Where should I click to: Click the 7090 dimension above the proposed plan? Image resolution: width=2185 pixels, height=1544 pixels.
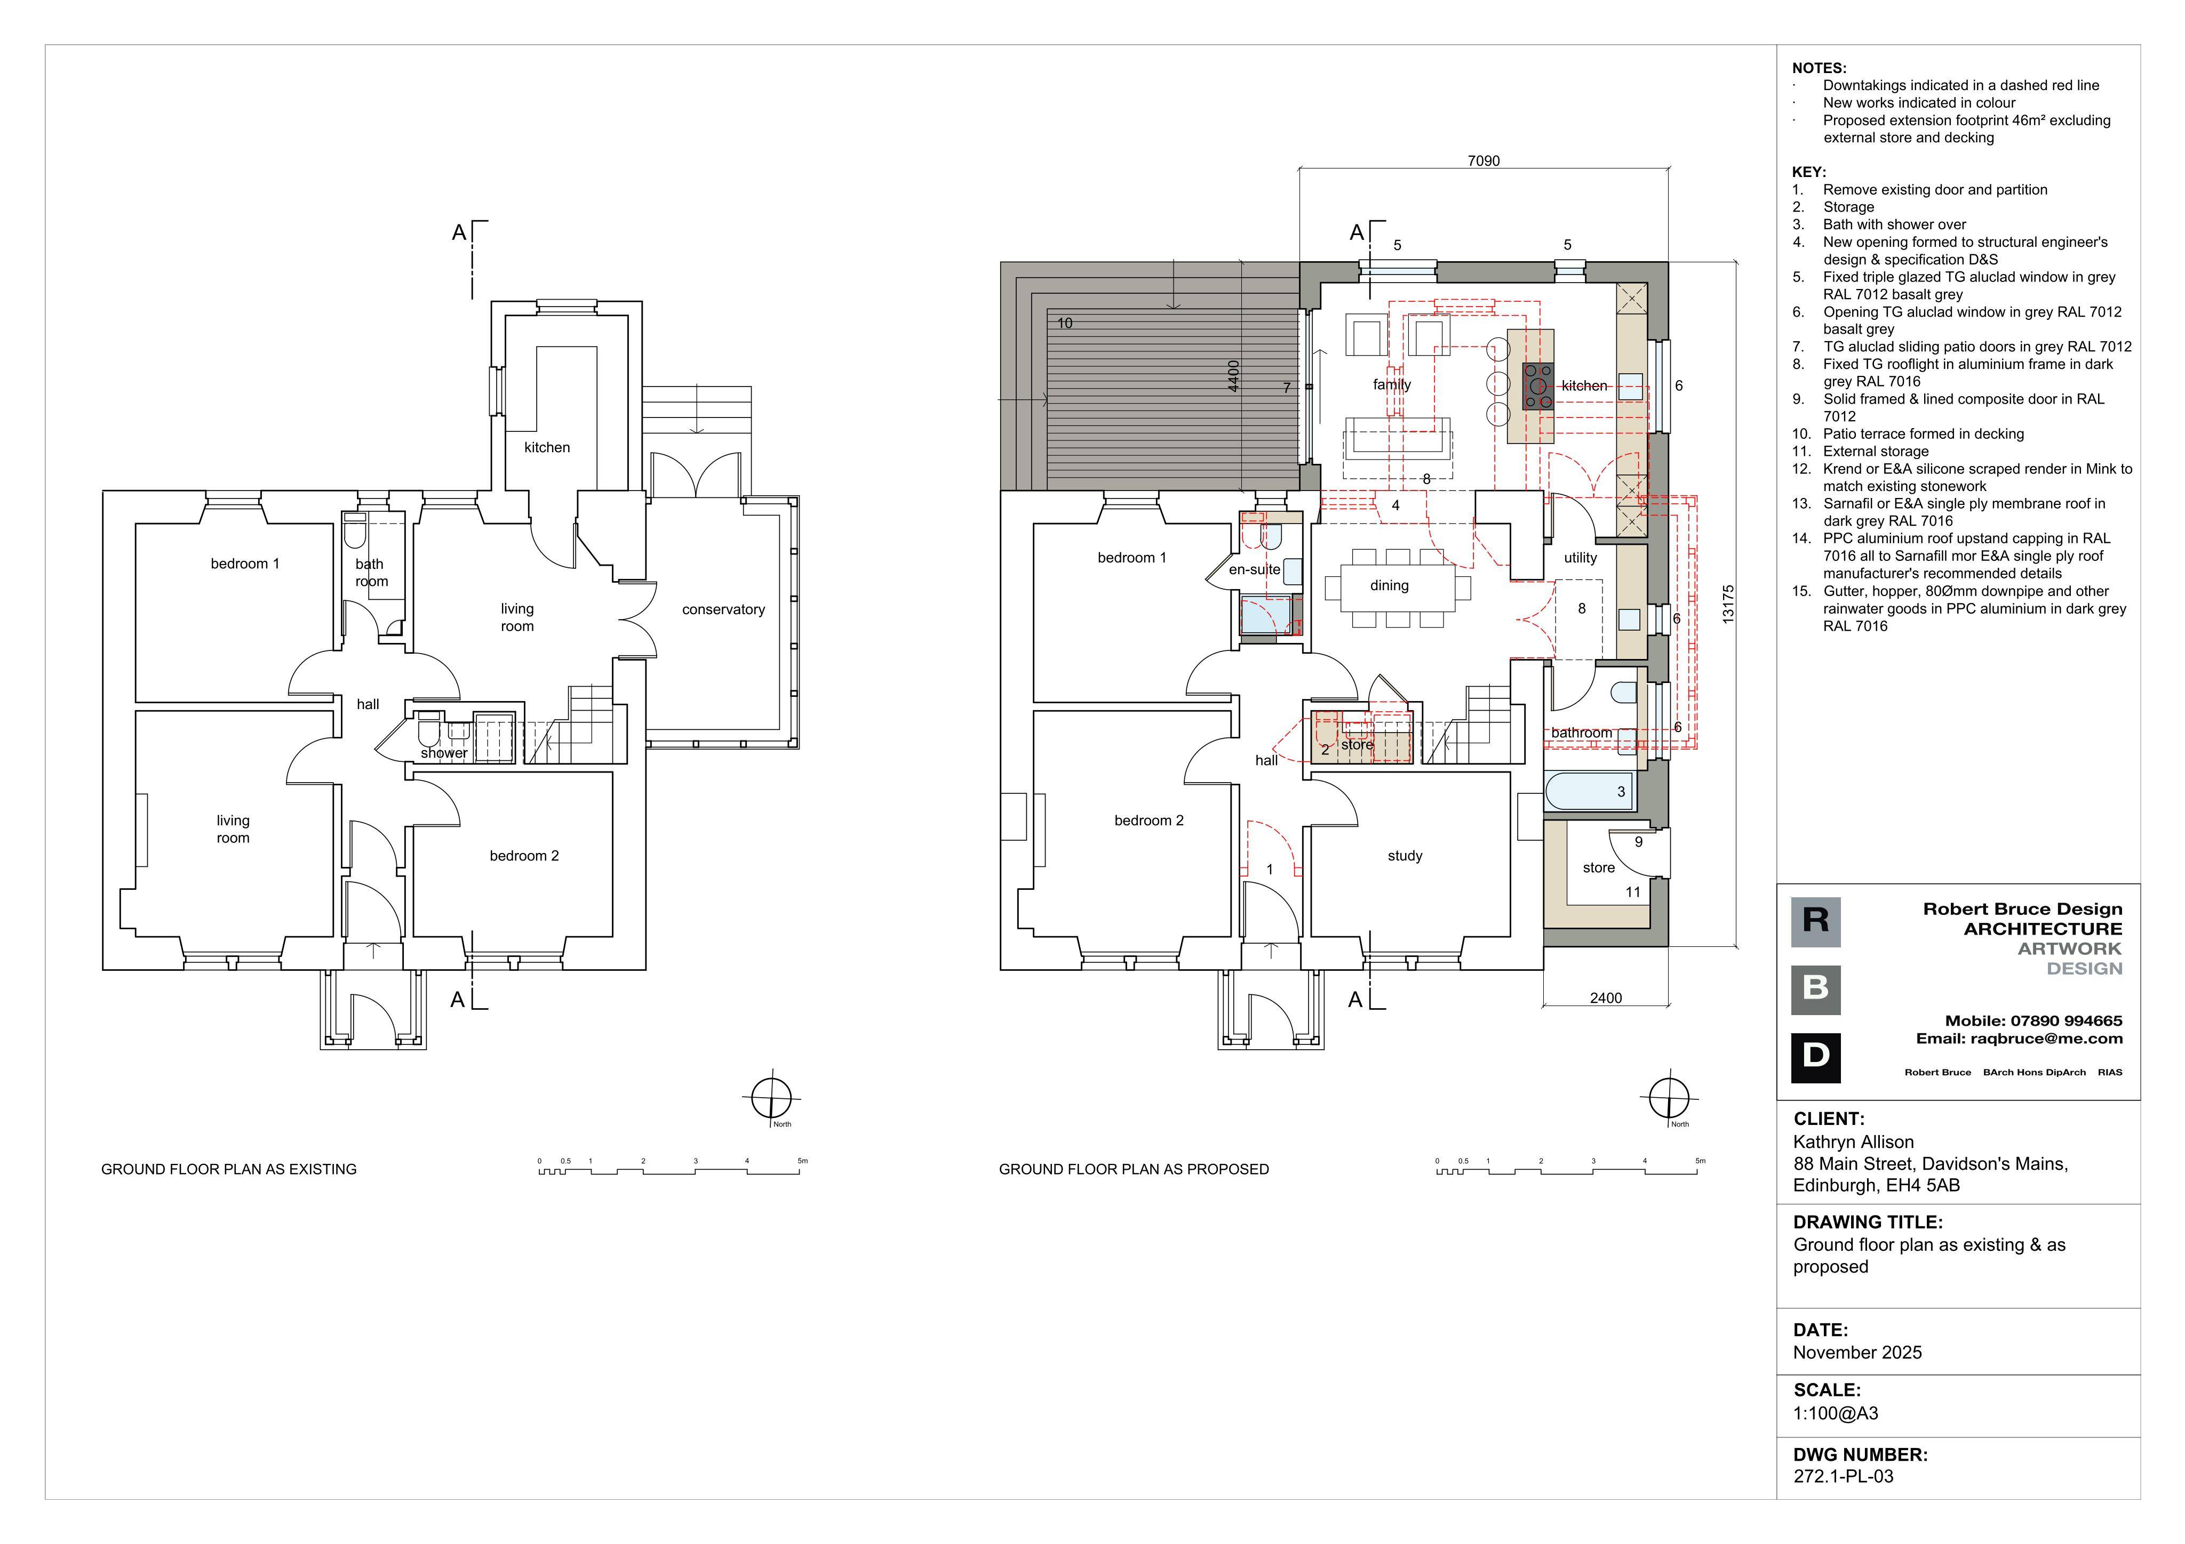click(x=1484, y=161)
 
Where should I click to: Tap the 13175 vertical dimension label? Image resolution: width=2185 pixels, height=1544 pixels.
click(x=1728, y=604)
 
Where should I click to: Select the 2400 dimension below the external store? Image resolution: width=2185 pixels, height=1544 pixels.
click(x=1606, y=998)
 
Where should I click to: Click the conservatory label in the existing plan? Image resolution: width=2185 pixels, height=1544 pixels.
click(x=723, y=610)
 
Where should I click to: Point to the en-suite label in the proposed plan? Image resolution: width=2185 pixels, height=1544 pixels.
click(x=1254, y=570)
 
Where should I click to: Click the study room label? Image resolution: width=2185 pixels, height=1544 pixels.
click(x=1405, y=856)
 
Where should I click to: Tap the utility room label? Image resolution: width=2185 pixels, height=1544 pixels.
click(x=1581, y=558)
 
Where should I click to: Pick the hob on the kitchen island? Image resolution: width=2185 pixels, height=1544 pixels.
click(x=1538, y=386)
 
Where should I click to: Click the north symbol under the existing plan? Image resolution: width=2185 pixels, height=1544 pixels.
click(x=771, y=1100)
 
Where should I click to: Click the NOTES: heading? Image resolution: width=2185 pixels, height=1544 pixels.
click(x=1819, y=68)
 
